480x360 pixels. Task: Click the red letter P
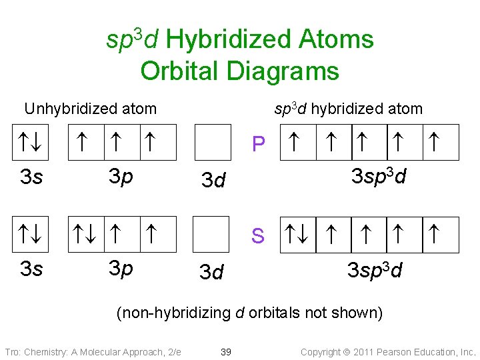click(x=259, y=144)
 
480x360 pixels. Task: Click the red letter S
click(x=258, y=236)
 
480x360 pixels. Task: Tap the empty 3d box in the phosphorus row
click(x=212, y=143)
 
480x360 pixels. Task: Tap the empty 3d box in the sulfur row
click(x=212, y=235)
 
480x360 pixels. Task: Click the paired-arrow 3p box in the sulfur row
click(x=87, y=235)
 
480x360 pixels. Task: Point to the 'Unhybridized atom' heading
click(x=90, y=109)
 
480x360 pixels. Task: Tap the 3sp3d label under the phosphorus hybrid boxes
click(x=379, y=177)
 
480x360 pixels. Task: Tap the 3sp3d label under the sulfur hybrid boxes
click(x=375, y=270)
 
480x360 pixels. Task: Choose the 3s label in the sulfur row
click(x=31, y=269)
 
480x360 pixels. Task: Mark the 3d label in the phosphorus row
click(x=213, y=180)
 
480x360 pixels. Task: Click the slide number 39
click(x=226, y=351)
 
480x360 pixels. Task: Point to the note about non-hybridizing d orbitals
click(x=250, y=313)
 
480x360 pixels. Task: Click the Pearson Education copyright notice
click(x=388, y=351)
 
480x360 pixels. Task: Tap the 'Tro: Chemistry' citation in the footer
click(x=93, y=351)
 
